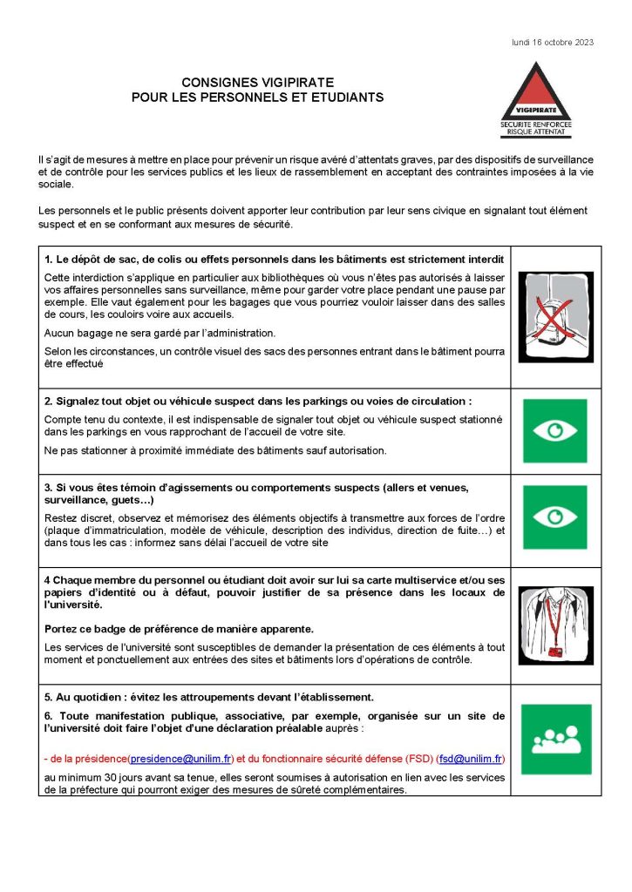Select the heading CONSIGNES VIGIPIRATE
[258, 83]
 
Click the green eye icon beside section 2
[554, 430]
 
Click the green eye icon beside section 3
[554, 517]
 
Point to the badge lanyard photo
[554, 625]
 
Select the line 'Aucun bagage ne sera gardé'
[160, 333]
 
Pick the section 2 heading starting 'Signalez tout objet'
[258, 402]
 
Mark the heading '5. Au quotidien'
[209, 696]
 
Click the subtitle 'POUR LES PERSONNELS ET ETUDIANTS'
[258, 98]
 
